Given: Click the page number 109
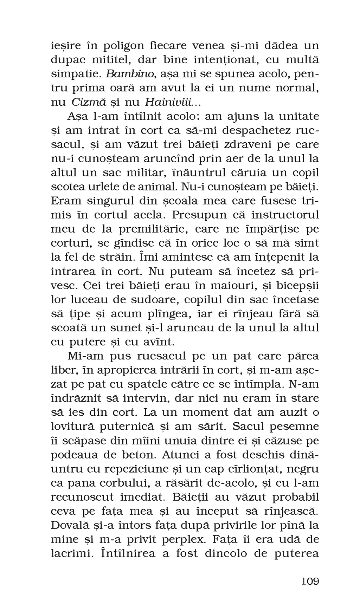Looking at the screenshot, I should (x=310, y=581).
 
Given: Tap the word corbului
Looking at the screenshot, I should (x=123, y=483).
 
